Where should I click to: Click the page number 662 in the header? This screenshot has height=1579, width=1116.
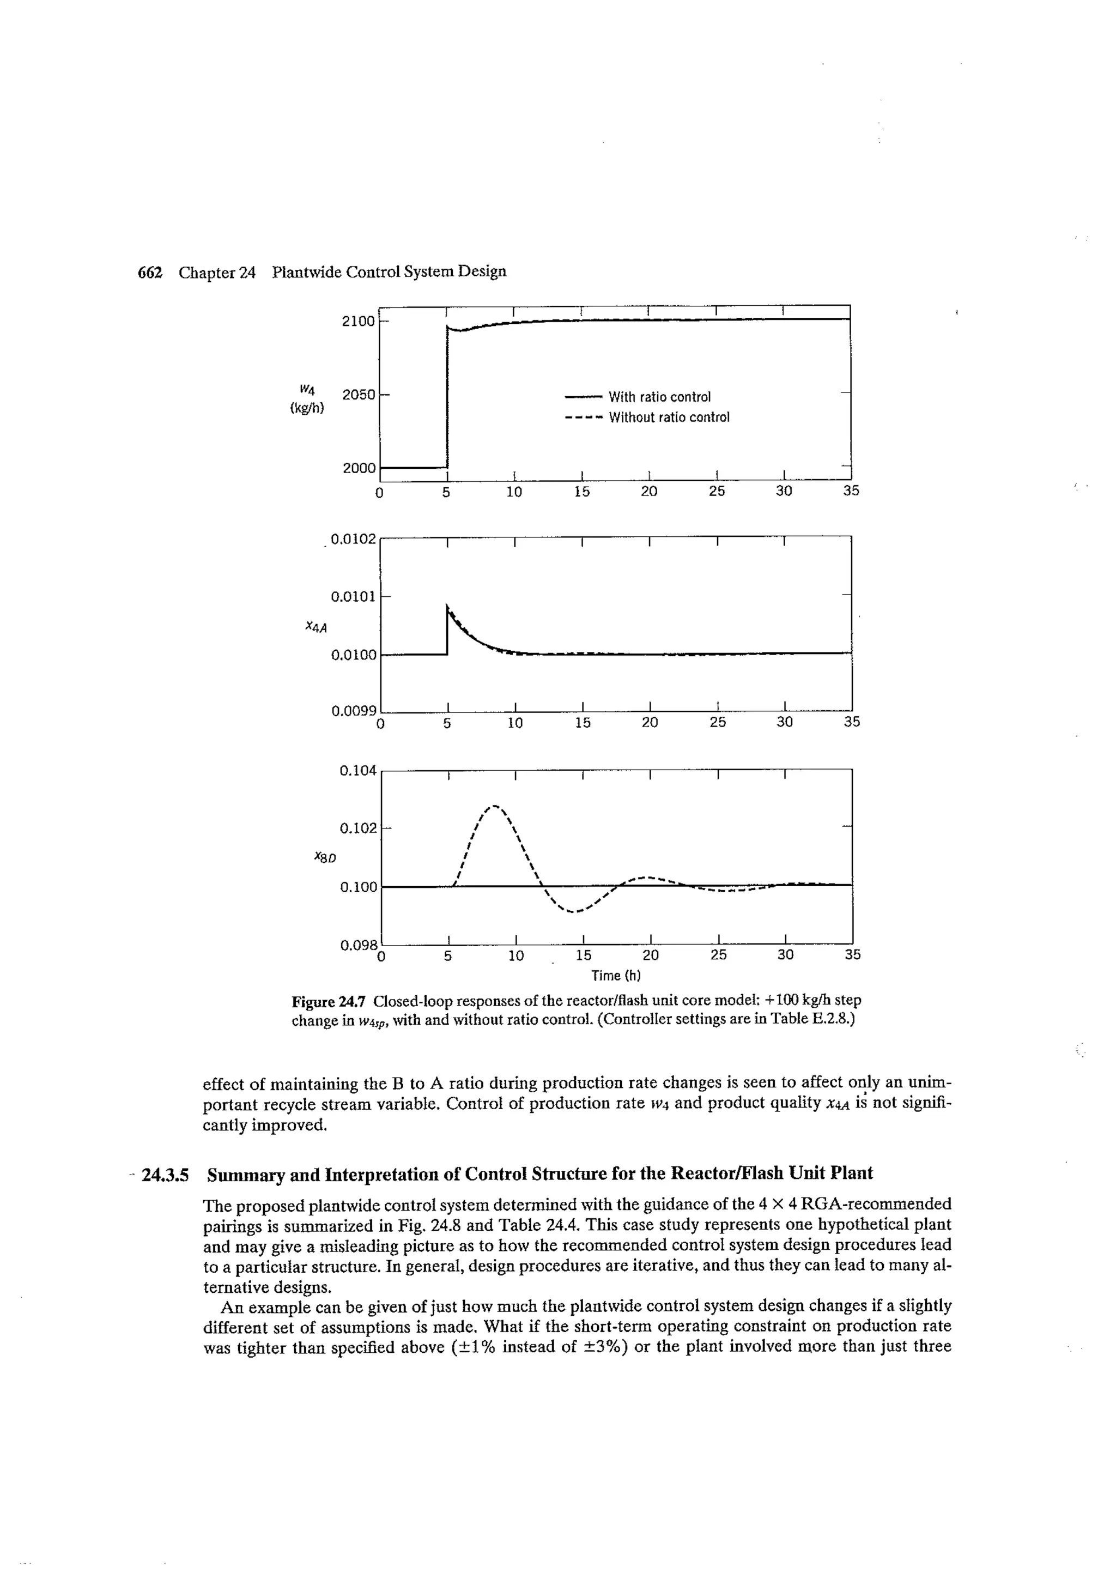coord(149,273)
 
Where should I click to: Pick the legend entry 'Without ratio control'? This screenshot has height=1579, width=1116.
coord(669,418)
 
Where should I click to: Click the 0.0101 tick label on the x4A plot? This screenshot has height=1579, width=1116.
coord(354,596)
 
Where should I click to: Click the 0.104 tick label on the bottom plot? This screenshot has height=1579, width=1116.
coord(357,771)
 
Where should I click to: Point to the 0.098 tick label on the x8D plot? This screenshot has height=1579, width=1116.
coord(357,946)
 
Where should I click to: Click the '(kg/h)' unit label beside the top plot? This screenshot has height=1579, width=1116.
coord(307,408)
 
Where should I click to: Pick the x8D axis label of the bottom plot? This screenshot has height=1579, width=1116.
coord(324,857)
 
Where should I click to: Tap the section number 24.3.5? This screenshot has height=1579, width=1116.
coord(165,1173)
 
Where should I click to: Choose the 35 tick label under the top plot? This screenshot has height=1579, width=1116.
coord(851,491)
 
